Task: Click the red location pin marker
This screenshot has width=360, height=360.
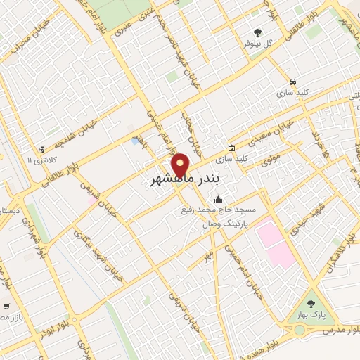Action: (181, 165)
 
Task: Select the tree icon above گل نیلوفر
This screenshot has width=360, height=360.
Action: (257, 32)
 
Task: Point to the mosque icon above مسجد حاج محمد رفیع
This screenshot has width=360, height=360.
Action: (219, 199)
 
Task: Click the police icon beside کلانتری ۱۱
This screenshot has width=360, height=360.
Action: (41, 149)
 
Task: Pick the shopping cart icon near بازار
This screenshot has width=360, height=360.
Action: (6, 306)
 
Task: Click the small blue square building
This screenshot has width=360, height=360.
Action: (135, 141)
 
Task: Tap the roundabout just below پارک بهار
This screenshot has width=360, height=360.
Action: (300, 329)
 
